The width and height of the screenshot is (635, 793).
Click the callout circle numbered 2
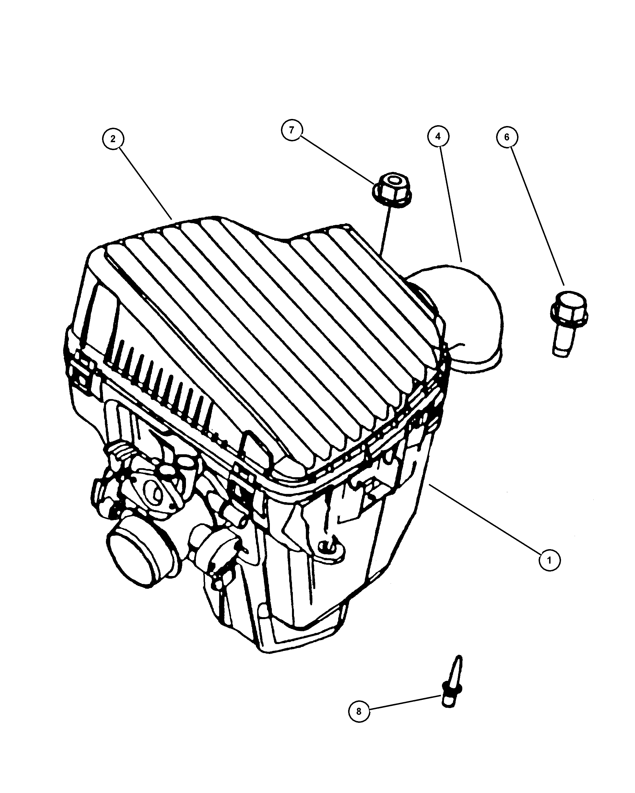[113, 139]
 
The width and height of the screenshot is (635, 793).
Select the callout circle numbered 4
[438, 137]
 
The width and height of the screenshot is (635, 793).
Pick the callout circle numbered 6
[507, 137]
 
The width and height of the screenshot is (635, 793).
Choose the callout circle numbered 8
[359, 712]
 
